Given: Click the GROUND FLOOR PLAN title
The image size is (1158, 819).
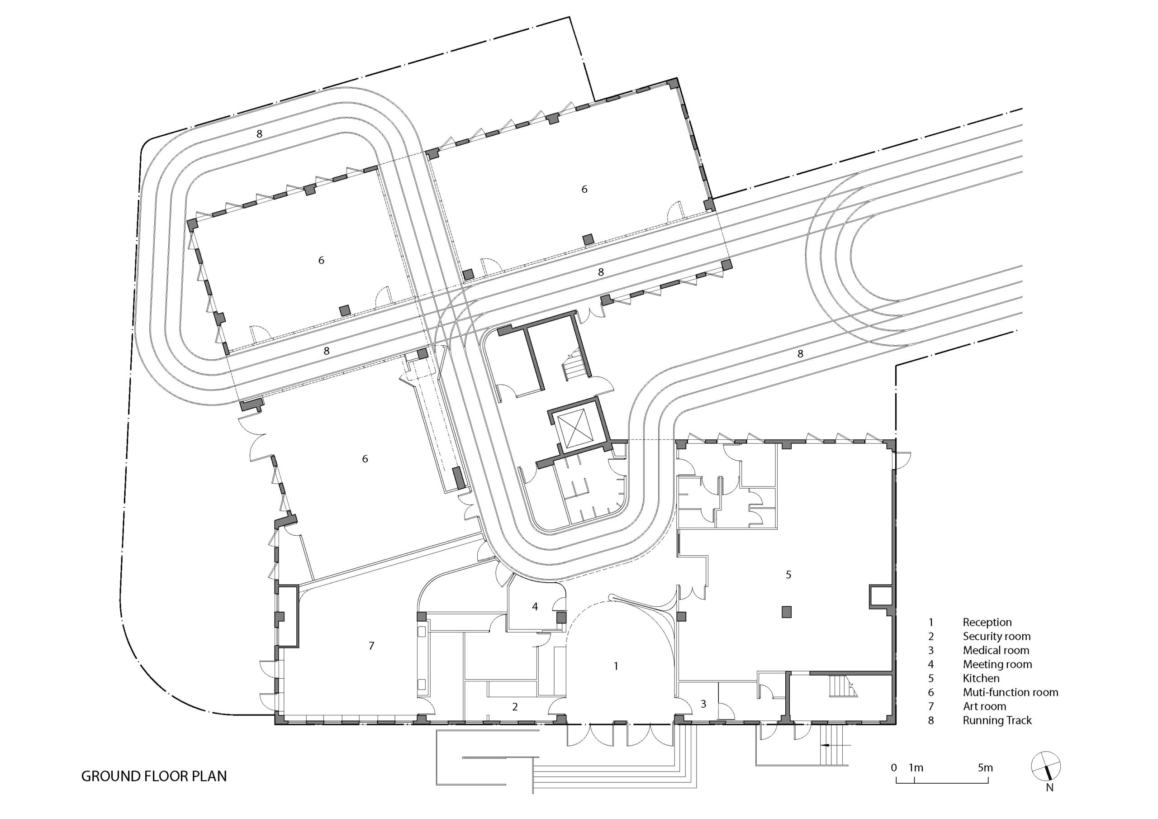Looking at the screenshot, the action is coord(154,776).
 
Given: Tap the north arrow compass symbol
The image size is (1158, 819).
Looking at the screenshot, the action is coord(1045,767).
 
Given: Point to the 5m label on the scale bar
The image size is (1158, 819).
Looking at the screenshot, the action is coord(985,767).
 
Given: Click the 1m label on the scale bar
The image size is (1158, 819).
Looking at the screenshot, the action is coord(916,767).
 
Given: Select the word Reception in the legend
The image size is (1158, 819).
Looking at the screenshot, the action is coord(987,622).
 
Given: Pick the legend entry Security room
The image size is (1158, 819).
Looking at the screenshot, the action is coord(997,636).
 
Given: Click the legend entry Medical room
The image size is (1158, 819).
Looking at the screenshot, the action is coord(996,651).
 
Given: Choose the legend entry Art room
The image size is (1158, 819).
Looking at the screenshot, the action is coord(984,706).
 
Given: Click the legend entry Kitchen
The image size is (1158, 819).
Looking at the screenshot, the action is coord(981,678).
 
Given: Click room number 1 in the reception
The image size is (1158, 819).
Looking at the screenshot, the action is coord(616,666).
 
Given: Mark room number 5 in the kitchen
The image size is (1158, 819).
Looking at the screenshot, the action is coord(789,574).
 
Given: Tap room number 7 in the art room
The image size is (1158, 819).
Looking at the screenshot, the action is coord(371,645).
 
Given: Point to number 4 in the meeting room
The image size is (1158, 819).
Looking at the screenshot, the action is coord(535,606).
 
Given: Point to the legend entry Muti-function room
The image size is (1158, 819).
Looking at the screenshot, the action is coord(1010,692).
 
